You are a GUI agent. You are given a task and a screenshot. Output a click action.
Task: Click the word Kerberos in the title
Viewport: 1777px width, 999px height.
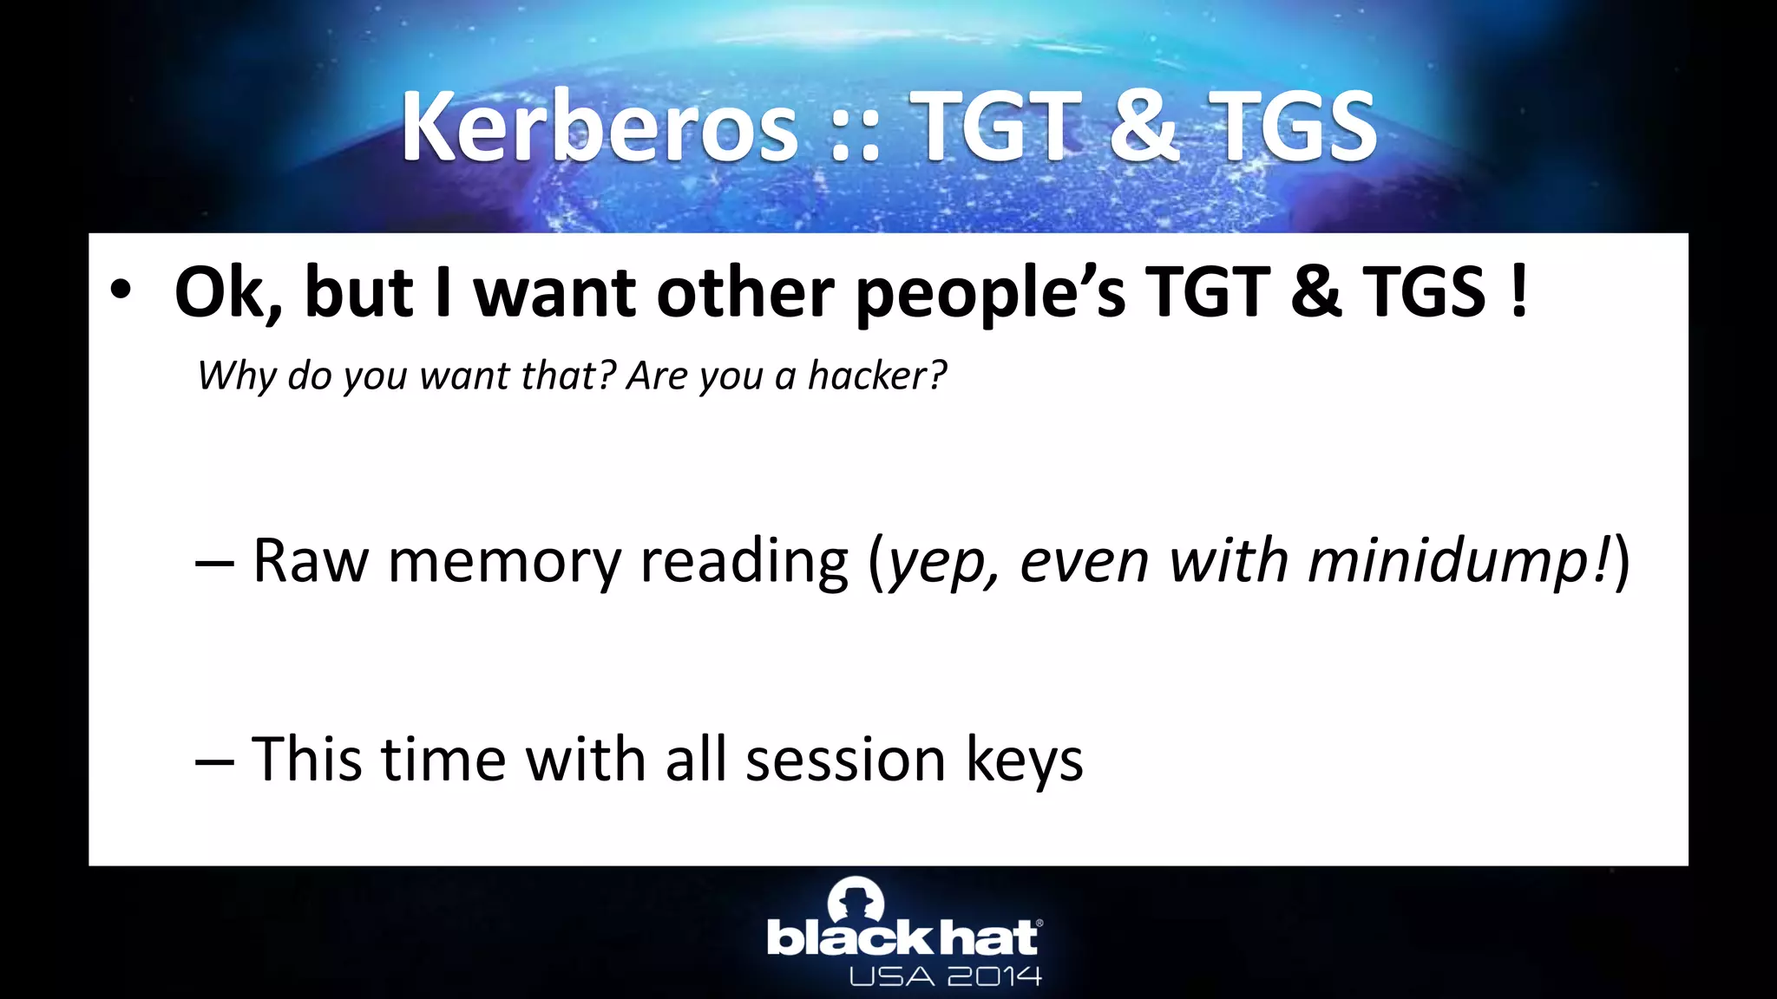coord(599,128)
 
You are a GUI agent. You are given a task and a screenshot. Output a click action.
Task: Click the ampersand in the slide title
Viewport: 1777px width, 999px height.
coord(1144,128)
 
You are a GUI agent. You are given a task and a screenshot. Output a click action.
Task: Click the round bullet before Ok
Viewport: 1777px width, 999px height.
coord(121,291)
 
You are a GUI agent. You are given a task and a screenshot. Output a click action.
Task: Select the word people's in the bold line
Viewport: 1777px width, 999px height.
coord(990,293)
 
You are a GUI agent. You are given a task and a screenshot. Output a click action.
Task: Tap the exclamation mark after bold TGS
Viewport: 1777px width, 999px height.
coord(1518,291)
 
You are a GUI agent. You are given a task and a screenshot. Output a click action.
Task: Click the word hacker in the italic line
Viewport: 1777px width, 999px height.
coord(876,375)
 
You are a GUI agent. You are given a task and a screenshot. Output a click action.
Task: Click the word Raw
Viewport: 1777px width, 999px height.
coord(311,561)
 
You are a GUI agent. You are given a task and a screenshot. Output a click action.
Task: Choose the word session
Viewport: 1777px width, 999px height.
coord(845,760)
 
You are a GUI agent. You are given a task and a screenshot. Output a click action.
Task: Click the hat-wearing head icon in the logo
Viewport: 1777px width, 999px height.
coord(856,899)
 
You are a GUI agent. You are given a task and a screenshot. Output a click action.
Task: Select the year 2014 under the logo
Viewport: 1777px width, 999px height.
coord(994,977)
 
